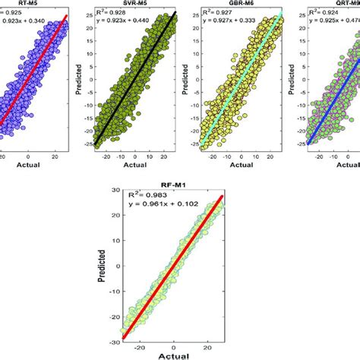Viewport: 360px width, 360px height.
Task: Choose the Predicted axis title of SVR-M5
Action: click(x=78, y=76)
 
